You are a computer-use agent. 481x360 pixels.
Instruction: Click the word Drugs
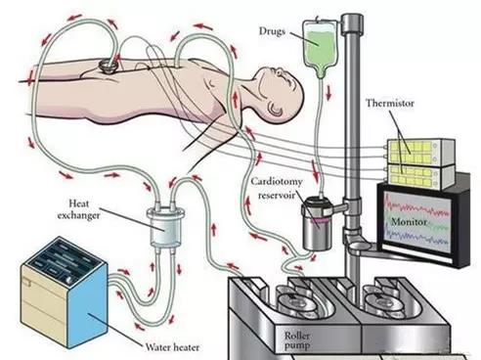point(272,31)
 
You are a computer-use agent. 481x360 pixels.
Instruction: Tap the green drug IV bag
point(320,46)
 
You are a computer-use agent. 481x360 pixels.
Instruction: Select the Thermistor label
point(390,104)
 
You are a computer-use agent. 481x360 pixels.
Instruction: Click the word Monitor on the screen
point(409,222)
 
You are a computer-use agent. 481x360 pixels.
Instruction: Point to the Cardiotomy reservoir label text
point(277,188)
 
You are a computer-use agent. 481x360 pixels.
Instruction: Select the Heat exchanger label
point(78,209)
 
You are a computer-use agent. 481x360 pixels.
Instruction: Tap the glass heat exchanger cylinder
point(166,228)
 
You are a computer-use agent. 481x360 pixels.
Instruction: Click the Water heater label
point(172,347)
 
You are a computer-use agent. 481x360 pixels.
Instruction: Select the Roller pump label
point(297,339)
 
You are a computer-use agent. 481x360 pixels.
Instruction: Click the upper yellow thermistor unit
point(420,152)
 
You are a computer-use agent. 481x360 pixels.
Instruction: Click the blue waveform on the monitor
point(416,237)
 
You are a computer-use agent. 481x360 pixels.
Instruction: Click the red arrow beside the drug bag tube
point(328,92)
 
